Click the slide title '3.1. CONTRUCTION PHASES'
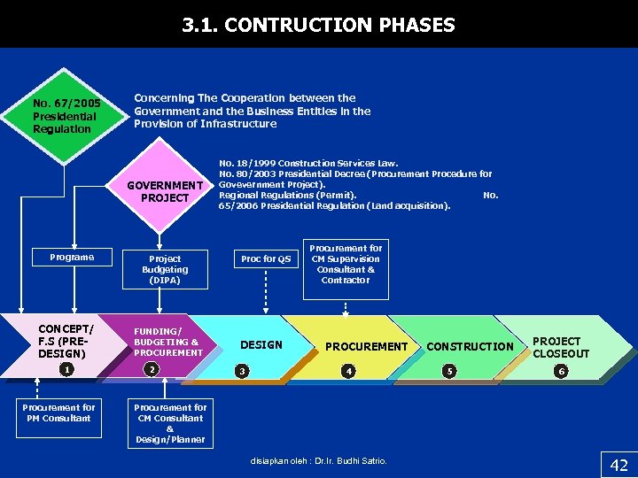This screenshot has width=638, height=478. [x=318, y=25]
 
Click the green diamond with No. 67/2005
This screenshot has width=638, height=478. [x=64, y=116]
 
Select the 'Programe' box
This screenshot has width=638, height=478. [x=72, y=258]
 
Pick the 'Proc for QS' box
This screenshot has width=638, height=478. [x=266, y=258]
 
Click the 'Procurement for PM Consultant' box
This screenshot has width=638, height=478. [x=59, y=412]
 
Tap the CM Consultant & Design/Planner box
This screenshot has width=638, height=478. [x=169, y=423]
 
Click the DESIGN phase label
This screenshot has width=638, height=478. [x=261, y=344]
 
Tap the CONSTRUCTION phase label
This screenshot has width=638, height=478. [x=470, y=346]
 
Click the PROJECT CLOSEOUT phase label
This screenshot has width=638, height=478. [x=560, y=347]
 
